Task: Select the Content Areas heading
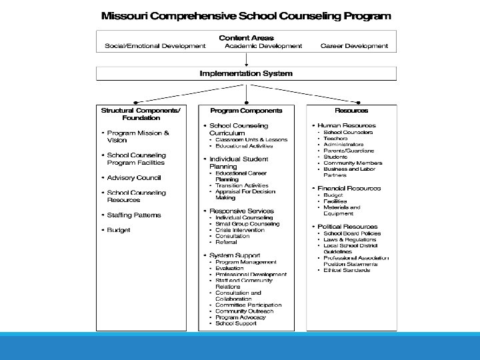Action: (247, 38)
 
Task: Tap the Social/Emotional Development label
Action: (155, 46)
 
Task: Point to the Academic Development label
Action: (263, 46)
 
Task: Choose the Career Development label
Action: (354, 46)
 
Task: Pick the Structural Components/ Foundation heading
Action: (140, 114)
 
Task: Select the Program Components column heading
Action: (246, 110)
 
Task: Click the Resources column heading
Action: (351, 110)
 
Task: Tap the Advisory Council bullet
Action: (134, 178)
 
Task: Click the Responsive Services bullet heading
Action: (241, 211)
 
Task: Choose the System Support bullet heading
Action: (235, 255)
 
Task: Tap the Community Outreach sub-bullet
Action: (244, 311)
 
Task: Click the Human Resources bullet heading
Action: (346, 125)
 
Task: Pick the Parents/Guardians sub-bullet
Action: (349, 151)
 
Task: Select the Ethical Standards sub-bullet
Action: (346, 270)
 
